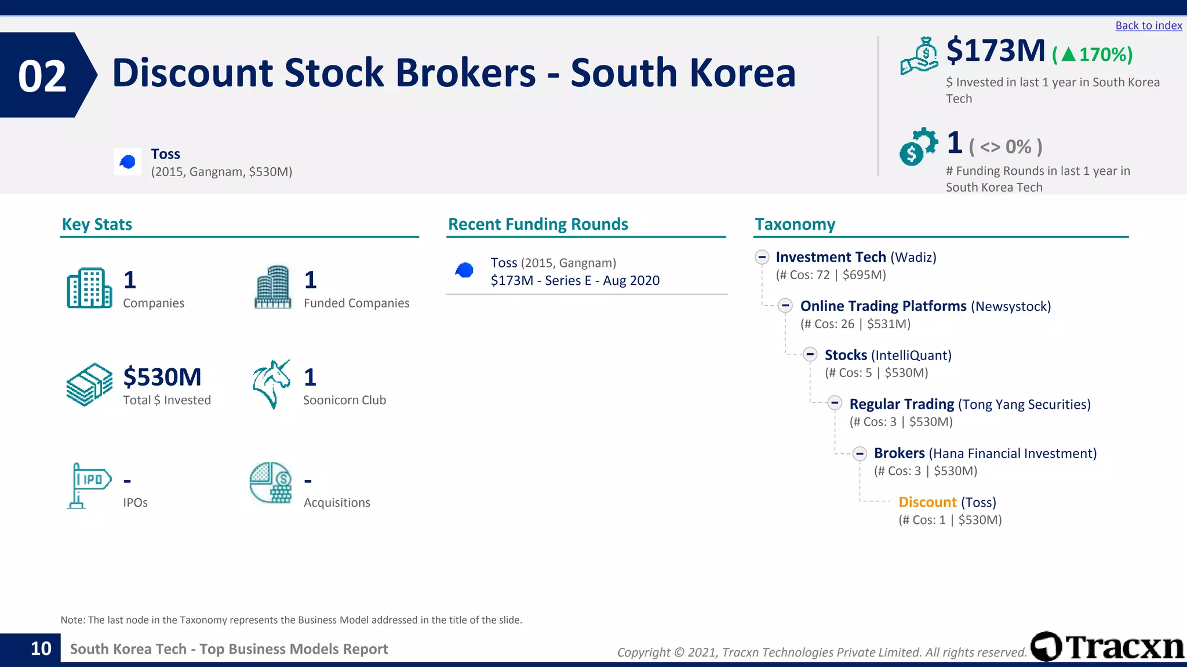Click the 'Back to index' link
tap(1148, 25)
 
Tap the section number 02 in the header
tap(42, 76)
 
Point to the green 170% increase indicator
tap(1092, 54)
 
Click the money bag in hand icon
tap(919, 56)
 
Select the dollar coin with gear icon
tap(917, 146)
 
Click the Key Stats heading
tap(97, 224)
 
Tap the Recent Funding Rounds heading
tap(538, 224)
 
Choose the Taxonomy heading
tap(795, 224)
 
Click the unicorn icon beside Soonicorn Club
tap(271, 384)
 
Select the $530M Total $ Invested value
tap(162, 377)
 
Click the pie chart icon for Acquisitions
tap(271, 483)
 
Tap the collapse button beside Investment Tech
tap(762, 257)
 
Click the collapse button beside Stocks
tap(810, 355)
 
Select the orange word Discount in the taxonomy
tap(927, 502)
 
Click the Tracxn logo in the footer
tap(1108, 646)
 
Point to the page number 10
tap(41, 648)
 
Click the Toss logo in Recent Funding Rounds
tap(464, 270)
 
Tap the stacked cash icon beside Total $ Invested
tap(89, 384)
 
